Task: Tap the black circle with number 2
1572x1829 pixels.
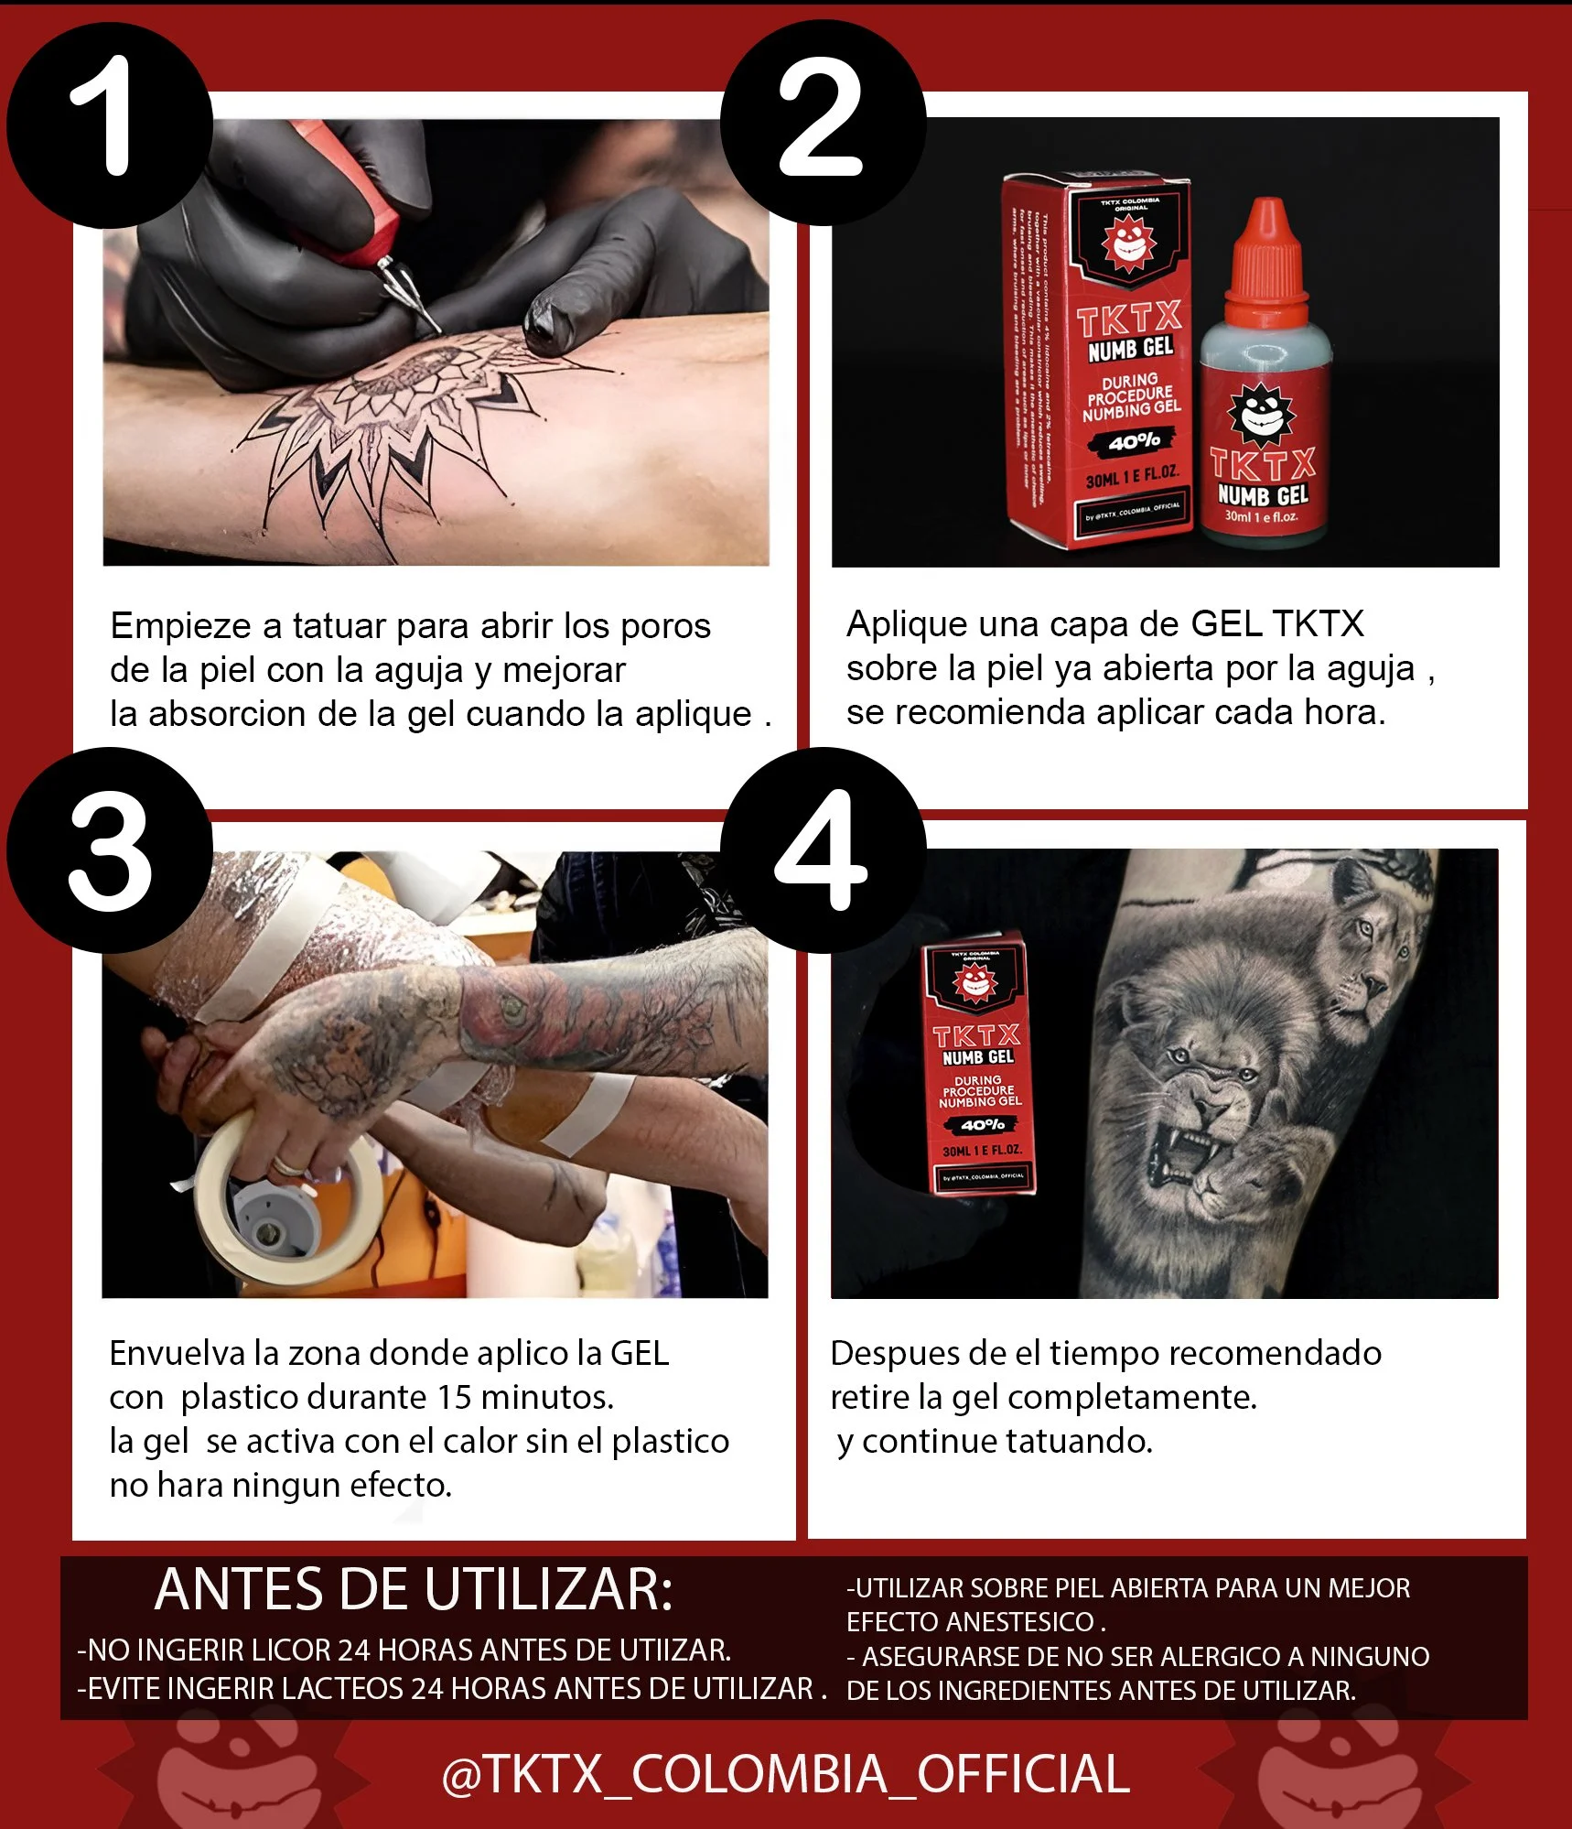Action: (823, 123)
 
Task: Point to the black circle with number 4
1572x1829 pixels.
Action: (823, 850)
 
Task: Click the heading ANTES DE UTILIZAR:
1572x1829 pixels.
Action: (414, 1590)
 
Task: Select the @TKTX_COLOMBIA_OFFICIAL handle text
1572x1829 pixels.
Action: (785, 1774)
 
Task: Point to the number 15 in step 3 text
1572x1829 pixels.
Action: (454, 1398)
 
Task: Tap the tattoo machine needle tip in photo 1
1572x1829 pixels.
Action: (436, 328)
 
